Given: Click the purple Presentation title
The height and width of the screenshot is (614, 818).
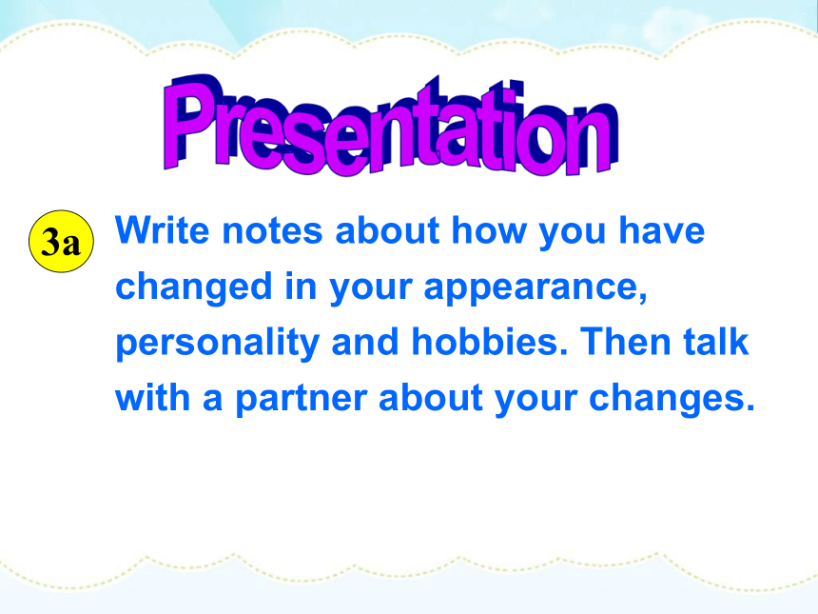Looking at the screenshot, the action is click(x=391, y=126).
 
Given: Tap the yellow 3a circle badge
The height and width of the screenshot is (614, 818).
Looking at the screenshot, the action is click(x=62, y=241).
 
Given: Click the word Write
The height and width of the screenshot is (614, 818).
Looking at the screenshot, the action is click(x=163, y=230).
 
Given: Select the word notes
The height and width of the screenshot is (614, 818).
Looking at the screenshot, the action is click(x=272, y=231).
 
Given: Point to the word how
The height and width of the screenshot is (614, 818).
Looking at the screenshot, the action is click(x=489, y=230).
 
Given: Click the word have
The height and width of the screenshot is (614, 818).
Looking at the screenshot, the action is click(x=662, y=230).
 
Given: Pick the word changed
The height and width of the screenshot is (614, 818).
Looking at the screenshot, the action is click(x=193, y=287).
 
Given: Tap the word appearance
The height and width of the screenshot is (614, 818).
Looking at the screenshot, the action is click(x=536, y=288).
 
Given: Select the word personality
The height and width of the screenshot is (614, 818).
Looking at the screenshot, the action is click(x=217, y=344).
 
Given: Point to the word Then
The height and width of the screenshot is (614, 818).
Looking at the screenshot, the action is click(x=626, y=342).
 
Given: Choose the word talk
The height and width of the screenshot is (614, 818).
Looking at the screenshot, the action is click(x=716, y=342).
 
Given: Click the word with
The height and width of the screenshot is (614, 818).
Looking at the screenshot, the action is click(x=152, y=398).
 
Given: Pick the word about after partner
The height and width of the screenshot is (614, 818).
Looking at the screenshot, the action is click(x=430, y=398).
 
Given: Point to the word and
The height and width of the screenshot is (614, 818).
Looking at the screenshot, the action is click(x=365, y=342).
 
